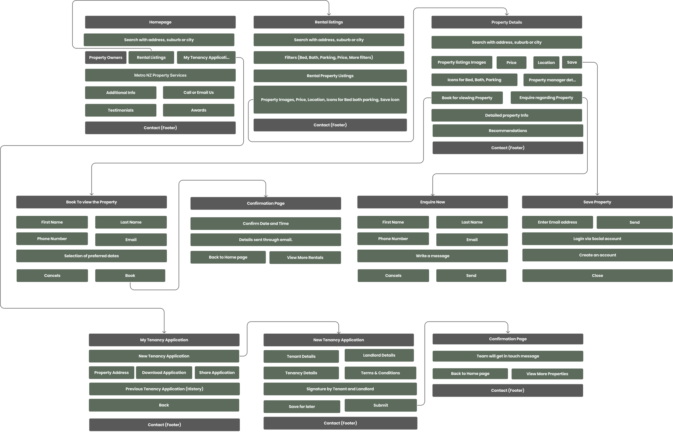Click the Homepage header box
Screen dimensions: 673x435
pyautogui.click(x=160, y=22)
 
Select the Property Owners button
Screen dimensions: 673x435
pyautogui.click(x=106, y=58)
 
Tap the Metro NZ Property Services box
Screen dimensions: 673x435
pyautogui.click(x=160, y=75)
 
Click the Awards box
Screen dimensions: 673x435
pyautogui.click(x=199, y=110)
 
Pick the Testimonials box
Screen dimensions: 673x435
pyautogui.click(x=121, y=110)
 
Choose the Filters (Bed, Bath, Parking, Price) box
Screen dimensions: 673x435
pyautogui.click(x=329, y=57)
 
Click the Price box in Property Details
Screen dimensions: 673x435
pyautogui.click(x=511, y=63)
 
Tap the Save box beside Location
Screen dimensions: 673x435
pyautogui.click(x=572, y=62)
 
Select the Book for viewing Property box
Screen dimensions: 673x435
pyautogui.click(x=467, y=98)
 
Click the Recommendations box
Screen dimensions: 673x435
pyautogui.click(x=508, y=130)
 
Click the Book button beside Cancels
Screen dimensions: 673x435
pyautogui.click(x=130, y=275)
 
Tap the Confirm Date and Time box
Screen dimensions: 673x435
pyautogui.click(x=265, y=223)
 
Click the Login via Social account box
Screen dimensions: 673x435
pyautogui.click(x=597, y=239)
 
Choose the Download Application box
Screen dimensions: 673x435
pyautogui.click(x=164, y=372)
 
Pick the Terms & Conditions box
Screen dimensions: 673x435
pyautogui.click(x=380, y=373)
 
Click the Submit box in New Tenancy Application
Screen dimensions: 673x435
pyautogui.click(x=380, y=405)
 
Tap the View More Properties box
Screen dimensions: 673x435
pyautogui.click(x=547, y=374)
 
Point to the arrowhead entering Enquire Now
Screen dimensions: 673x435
pyautogui.click(x=433, y=194)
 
